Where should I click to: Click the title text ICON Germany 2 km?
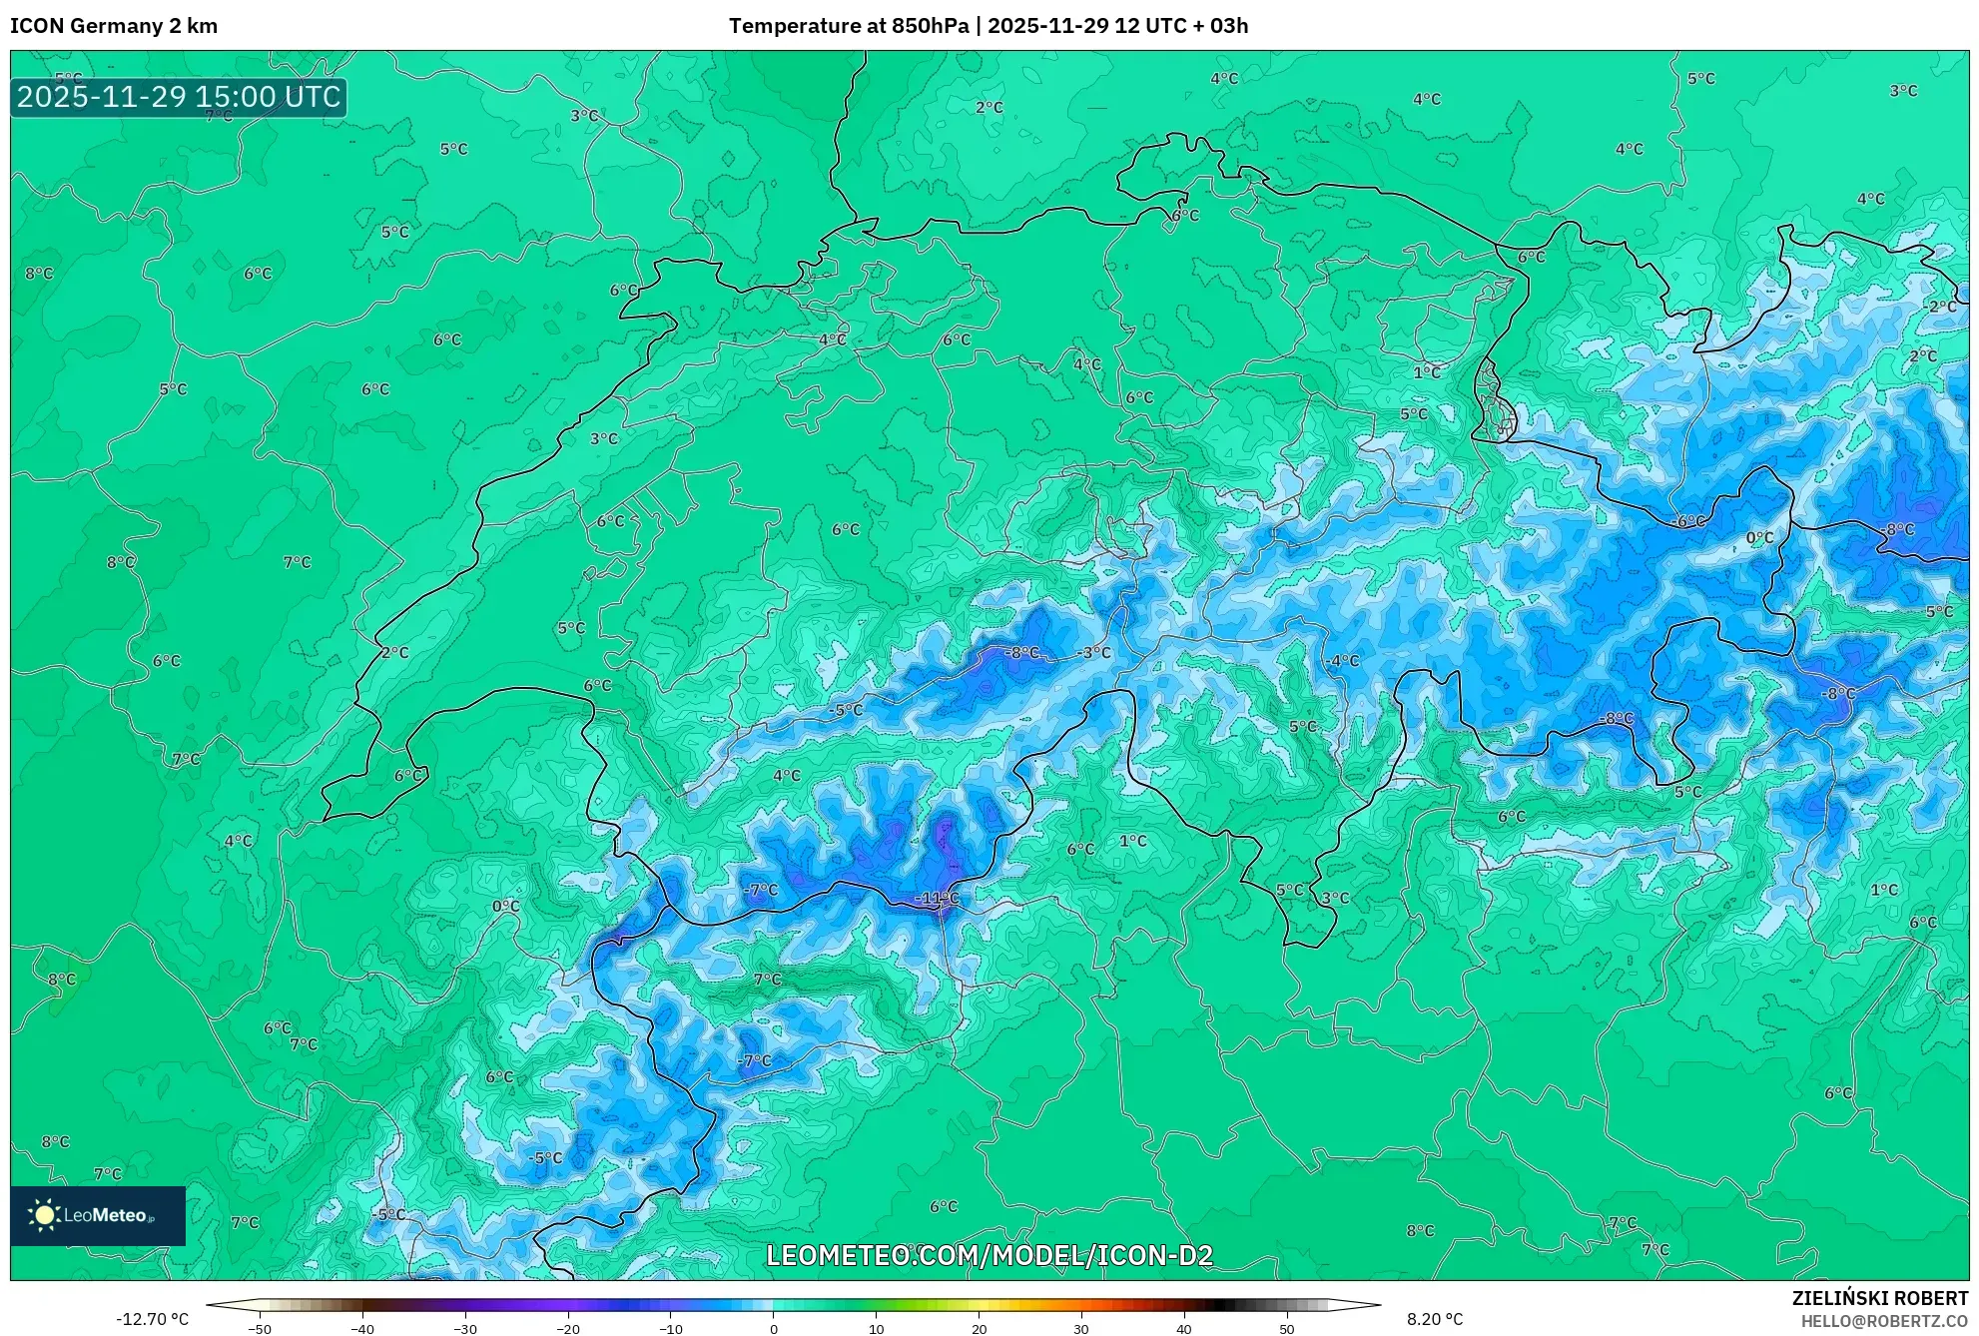114,26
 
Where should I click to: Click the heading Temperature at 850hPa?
848,26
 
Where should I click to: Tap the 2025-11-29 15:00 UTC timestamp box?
179,97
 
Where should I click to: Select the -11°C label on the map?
938,899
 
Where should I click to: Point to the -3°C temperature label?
1095,652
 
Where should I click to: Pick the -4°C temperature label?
1343,661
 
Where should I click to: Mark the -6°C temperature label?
1689,521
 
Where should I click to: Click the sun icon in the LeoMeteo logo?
44,1215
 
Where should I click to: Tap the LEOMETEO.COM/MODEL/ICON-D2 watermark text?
989,1255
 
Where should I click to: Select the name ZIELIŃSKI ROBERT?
1880,1298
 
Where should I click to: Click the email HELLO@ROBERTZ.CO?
1884,1321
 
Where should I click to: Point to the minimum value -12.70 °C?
152,1319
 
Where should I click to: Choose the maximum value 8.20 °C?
1435,1319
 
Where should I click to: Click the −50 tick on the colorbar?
260,1328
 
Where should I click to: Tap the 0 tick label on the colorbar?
774,1328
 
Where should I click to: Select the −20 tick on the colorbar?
567,1328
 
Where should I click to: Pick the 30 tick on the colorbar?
1081,1328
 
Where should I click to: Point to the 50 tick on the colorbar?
1287,1328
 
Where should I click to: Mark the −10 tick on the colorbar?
670,1328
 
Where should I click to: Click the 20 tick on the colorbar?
979,1328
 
